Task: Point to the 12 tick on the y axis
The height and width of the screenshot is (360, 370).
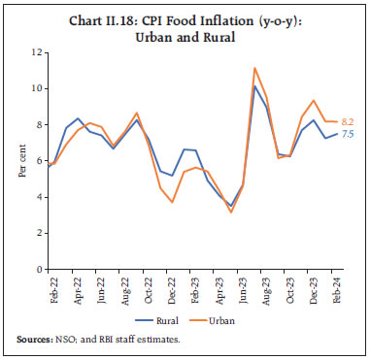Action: tap(37, 50)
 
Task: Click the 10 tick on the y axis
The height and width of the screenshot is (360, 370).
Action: tap(37, 87)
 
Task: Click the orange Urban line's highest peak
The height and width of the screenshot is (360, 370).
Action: tap(253, 68)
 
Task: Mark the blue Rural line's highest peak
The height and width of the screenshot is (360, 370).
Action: tap(253, 86)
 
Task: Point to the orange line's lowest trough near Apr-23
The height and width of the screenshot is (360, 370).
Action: tap(230, 212)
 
